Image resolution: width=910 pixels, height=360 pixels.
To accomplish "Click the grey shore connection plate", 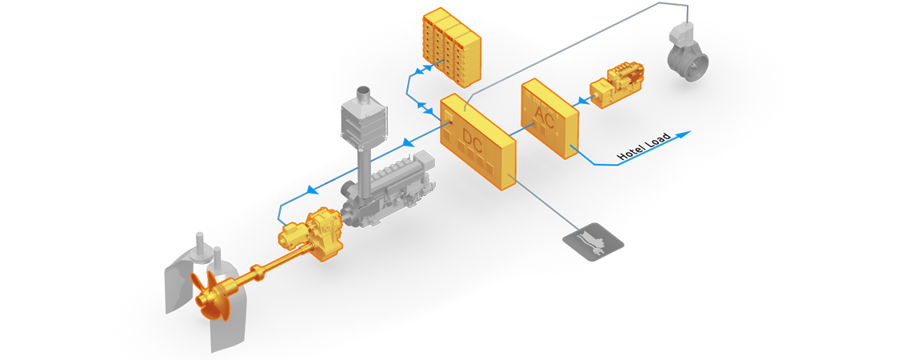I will [x=593, y=241].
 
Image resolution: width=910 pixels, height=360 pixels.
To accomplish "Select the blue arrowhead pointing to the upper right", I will [x=683, y=134].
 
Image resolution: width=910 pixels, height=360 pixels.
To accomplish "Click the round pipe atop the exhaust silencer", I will [x=365, y=94].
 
